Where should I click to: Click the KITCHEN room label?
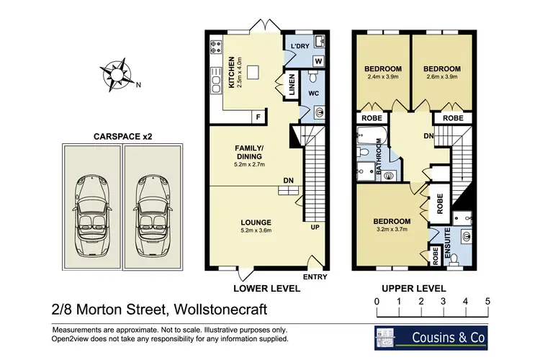232,72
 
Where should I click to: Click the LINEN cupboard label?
292,85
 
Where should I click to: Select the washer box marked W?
318,60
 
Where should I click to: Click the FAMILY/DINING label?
249,153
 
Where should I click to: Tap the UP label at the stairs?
315,228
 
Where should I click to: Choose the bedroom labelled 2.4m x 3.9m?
382,77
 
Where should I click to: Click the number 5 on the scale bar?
487,301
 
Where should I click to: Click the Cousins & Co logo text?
449,338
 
